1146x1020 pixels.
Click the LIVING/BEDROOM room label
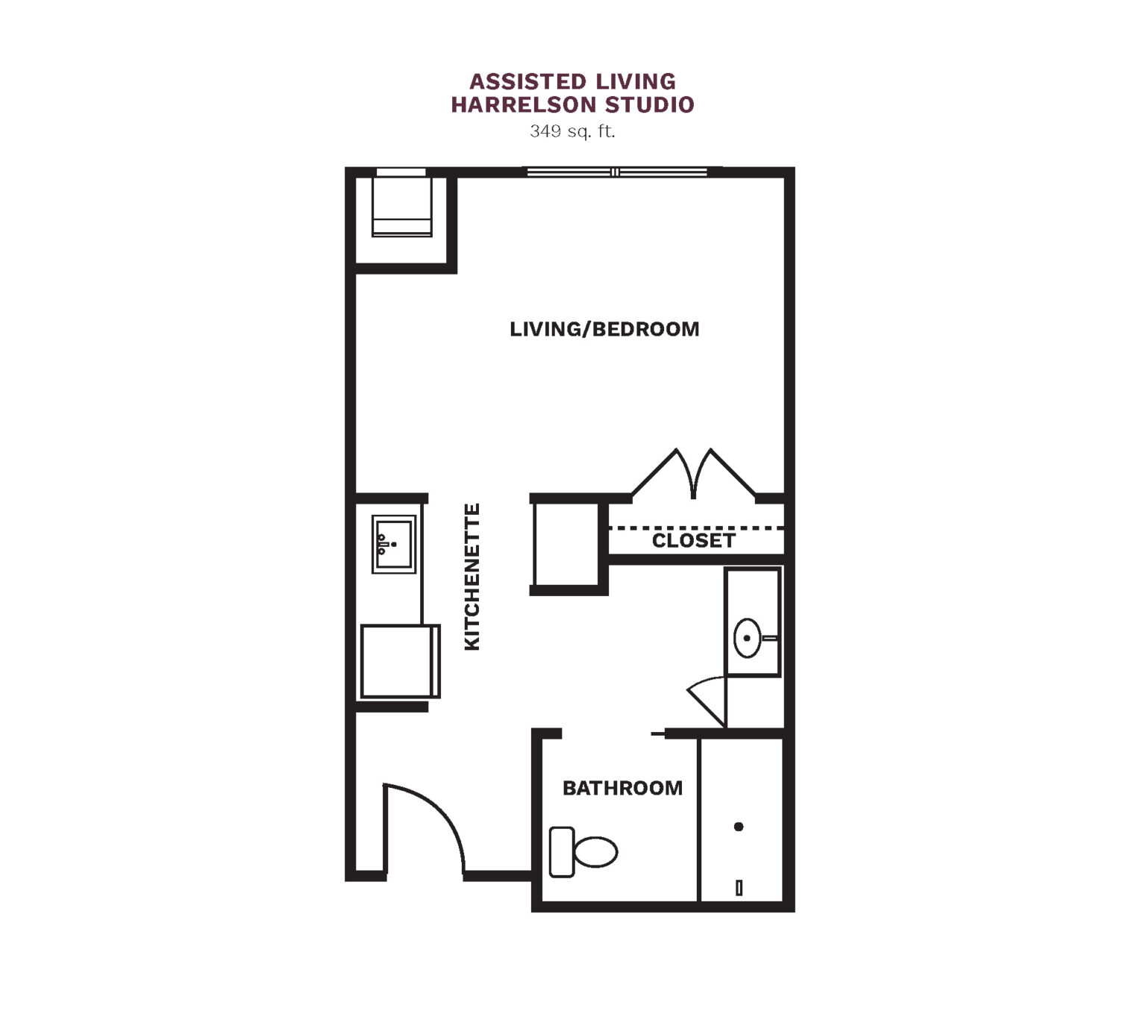(x=604, y=329)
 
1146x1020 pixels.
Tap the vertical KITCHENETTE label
(x=472, y=577)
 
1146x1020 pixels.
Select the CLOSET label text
(x=693, y=541)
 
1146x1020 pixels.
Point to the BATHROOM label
(x=622, y=788)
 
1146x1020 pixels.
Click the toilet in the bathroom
(x=583, y=851)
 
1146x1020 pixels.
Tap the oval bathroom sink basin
(x=747, y=638)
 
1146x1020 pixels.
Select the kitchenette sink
(x=394, y=544)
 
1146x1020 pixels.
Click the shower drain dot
(x=738, y=827)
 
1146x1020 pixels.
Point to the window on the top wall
(x=616, y=172)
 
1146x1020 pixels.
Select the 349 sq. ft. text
(x=572, y=132)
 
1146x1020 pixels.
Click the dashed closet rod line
(x=696, y=528)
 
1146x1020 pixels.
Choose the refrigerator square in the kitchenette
(x=400, y=661)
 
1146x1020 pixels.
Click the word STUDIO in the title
(x=650, y=104)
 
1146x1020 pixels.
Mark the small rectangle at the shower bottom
(x=739, y=888)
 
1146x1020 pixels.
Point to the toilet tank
(x=562, y=852)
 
